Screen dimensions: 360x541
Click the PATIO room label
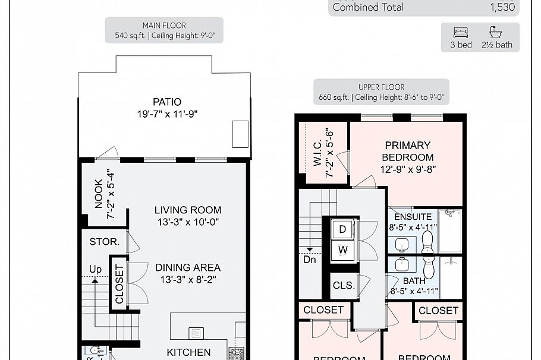pos(166,102)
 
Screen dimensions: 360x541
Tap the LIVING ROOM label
pos(188,210)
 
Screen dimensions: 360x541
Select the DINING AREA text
pos(188,267)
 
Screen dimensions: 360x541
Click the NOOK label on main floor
pos(99,194)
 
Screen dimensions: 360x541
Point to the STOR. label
pos(105,242)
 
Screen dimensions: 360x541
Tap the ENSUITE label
pos(413,217)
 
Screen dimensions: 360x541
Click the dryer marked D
pos(342,229)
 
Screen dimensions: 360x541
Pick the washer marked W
pos(342,250)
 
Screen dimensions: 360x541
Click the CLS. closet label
pos(344,285)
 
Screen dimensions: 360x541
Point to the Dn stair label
pos(310,260)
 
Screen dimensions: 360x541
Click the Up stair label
pos(95,269)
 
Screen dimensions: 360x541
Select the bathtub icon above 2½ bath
pos(496,32)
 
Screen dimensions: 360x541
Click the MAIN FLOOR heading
pos(164,26)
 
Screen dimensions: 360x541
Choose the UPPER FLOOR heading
pos(381,87)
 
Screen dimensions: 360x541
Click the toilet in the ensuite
pos(427,240)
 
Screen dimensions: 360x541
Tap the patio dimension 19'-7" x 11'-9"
pos(166,114)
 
